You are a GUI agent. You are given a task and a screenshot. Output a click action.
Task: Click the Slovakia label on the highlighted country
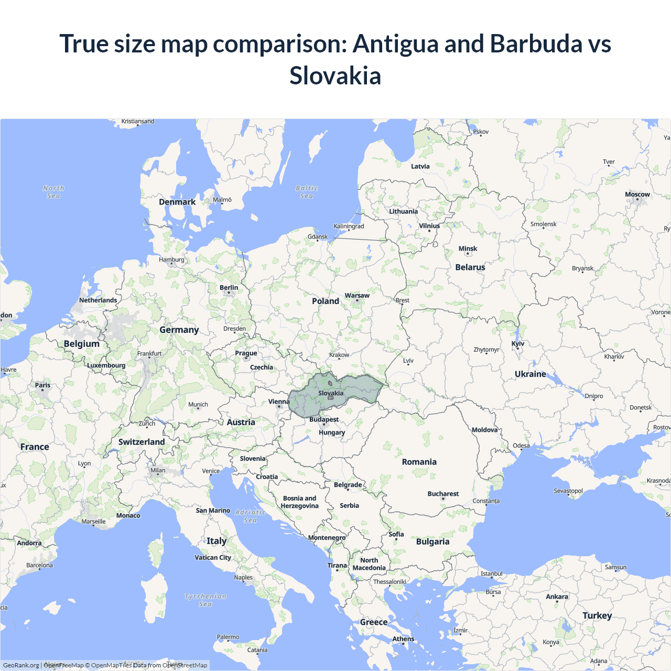pyautogui.click(x=331, y=393)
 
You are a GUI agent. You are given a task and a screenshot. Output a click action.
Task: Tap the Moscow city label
pyautogui.click(x=637, y=194)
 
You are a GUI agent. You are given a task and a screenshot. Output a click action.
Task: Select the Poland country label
pyautogui.click(x=325, y=301)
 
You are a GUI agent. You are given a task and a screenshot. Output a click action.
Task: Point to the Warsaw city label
pyautogui.click(x=357, y=296)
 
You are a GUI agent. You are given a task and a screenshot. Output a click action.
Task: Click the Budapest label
pyautogui.click(x=323, y=419)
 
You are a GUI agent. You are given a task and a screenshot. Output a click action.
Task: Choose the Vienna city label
pyautogui.click(x=278, y=402)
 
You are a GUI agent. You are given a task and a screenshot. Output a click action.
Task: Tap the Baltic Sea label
pyautogui.click(x=307, y=192)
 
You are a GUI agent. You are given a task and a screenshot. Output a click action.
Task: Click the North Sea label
pyautogui.click(x=53, y=192)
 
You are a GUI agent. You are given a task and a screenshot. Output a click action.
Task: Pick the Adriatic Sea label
pyautogui.click(x=251, y=516)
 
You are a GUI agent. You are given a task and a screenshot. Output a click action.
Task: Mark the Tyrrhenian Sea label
pyautogui.click(x=205, y=600)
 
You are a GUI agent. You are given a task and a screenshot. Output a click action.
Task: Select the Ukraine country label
pyautogui.click(x=530, y=374)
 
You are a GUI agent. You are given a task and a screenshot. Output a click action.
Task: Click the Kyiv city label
pyautogui.click(x=517, y=344)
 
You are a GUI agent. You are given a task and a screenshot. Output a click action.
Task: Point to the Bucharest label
pyautogui.click(x=443, y=494)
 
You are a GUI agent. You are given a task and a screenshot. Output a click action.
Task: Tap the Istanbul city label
pyautogui.click(x=491, y=573)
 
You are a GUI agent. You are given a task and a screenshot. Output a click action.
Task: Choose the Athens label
pyautogui.click(x=403, y=638)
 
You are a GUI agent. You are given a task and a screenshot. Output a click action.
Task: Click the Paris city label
pyautogui.click(x=42, y=385)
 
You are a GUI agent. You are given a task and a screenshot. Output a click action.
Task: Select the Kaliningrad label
pyautogui.click(x=349, y=226)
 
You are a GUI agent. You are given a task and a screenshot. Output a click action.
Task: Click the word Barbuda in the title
pyautogui.click(x=536, y=44)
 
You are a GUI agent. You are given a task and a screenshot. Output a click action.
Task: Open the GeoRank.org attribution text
pyautogui.click(x=21, y=665)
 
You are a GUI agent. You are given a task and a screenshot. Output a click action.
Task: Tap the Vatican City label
pyautogui.click(x=213, y=557)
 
